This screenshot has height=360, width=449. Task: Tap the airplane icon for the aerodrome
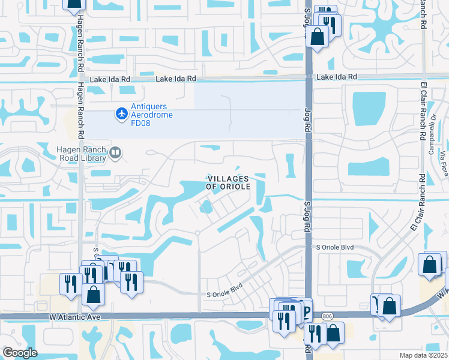point(122,112)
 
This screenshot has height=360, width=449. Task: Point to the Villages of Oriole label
point(228,182)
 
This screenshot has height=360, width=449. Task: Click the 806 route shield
point(327,316)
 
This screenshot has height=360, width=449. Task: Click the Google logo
point(20,353)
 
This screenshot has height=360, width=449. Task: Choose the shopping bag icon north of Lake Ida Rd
point(318,37)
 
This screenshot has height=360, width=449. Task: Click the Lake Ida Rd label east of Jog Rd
point(337,77)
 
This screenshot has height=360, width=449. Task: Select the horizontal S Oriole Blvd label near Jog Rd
point(335,247)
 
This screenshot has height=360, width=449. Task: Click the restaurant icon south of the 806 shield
point(314,333)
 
